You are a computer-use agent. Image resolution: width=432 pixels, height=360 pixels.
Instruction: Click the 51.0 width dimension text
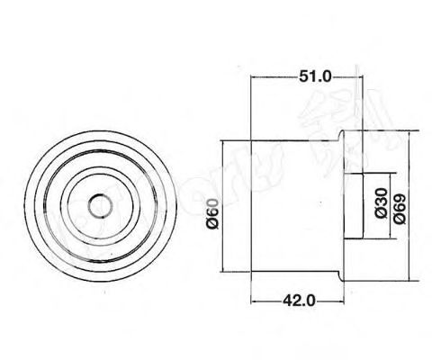click(314, 77)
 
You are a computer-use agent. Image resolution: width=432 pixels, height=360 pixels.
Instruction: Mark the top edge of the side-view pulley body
click(292, 142)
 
